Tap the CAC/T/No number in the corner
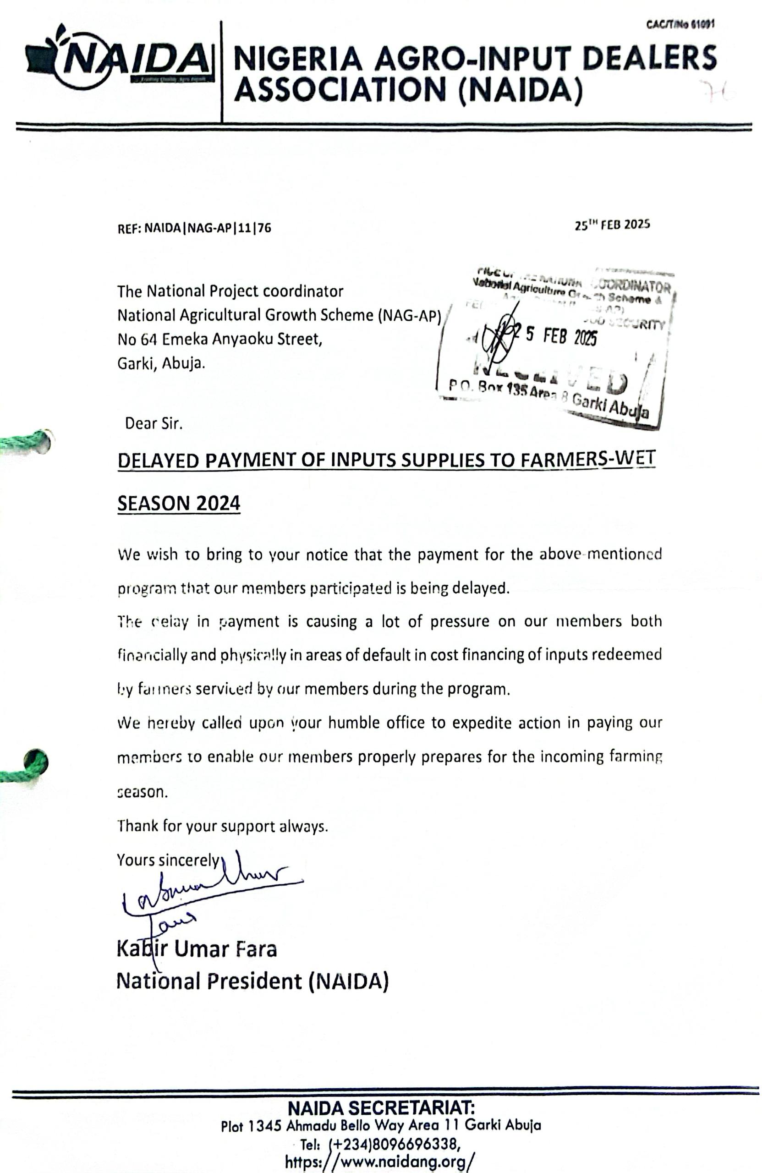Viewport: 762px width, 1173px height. (680, 25)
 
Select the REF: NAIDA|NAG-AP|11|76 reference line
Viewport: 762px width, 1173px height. (194, 228)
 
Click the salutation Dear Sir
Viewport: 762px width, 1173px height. (153, 423)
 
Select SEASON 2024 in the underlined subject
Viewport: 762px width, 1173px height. (178, 503)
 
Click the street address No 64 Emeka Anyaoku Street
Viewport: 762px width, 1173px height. (219, 339)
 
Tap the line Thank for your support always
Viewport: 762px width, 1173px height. (222, 826)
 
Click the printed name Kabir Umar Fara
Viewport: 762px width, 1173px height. (197, 949)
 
